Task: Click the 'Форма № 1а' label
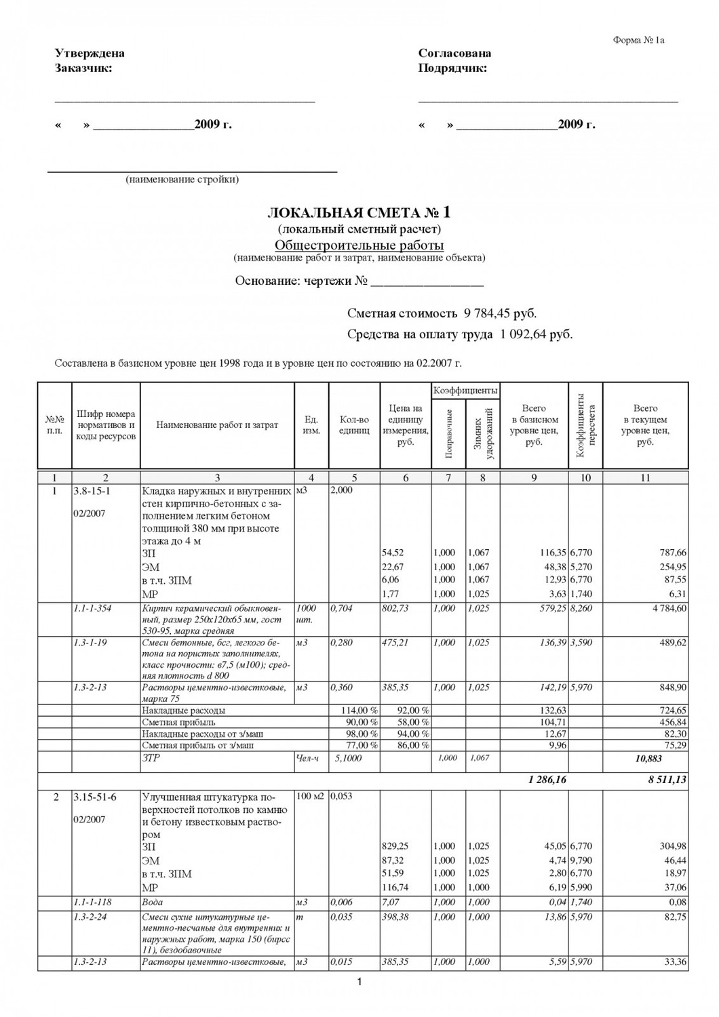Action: pos(638,40)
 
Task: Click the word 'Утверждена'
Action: pos(90,54)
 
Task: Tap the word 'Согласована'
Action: pos(454,54)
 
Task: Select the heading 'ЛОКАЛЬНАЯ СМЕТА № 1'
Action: pos(359,212)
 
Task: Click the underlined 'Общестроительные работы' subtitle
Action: pos(359,245)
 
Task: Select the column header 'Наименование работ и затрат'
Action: pos(217,425)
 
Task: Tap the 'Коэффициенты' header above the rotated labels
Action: pos(465,391)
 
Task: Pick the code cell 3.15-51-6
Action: pos(94,797)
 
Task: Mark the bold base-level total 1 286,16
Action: pos(547,780)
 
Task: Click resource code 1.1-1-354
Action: pos(93,608)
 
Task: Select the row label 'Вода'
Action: pos(153,902)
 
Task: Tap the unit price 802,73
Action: pos(395,608)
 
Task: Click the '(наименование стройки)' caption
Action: pos(182,180)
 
